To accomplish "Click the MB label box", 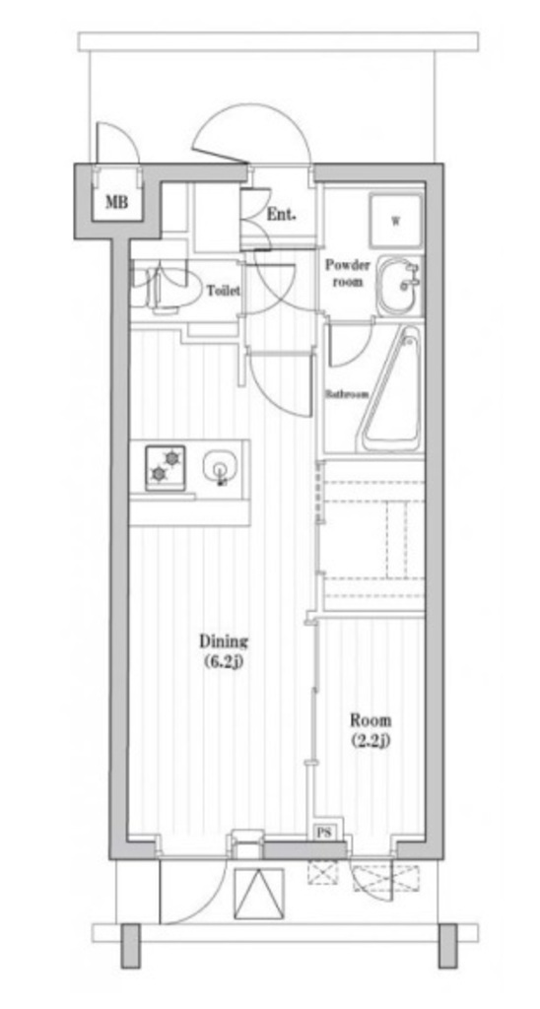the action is point(116,202).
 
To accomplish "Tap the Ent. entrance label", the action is point(281,215).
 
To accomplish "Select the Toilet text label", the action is point(224,291).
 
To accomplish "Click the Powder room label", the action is point(347,273).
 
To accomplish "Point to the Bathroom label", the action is point(346,394).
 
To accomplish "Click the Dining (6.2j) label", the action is point(224,650).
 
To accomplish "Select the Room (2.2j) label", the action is point(371,730).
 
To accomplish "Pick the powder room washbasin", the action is point(400,285).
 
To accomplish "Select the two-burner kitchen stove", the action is point(166,467).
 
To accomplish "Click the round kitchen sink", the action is point(220,466).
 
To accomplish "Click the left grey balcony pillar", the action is point(131,945).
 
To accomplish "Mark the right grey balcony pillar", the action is point(447,945).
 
